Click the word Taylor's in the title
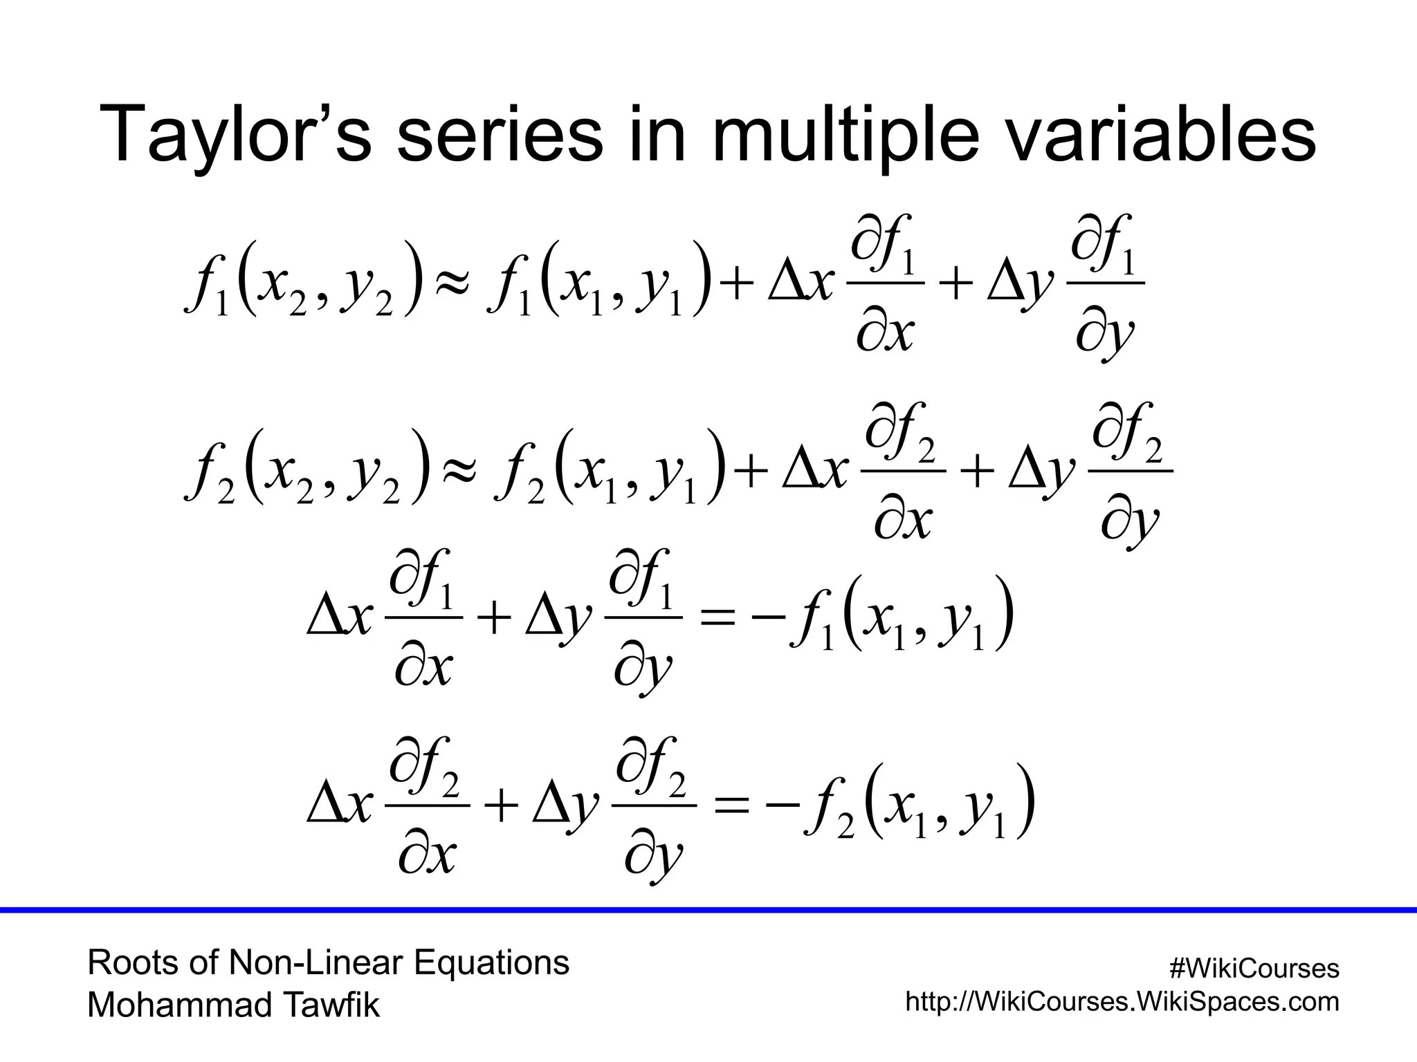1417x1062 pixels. (x=239, y=135)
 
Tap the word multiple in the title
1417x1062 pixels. (x=845, y=135)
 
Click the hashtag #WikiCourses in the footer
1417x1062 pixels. (x=1254, y=969)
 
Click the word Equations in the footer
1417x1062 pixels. (x=491, y=962)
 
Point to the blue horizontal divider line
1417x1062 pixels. (x=708, y=910)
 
